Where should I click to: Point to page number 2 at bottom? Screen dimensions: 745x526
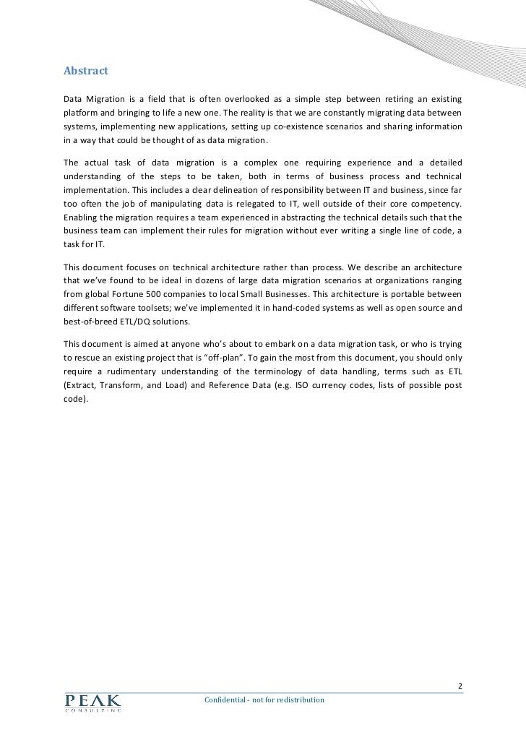click(x=461, y=686)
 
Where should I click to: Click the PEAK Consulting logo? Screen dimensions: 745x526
click(x=92, y=702)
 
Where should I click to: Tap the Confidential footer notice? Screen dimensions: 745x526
click(x=264, y=701)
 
